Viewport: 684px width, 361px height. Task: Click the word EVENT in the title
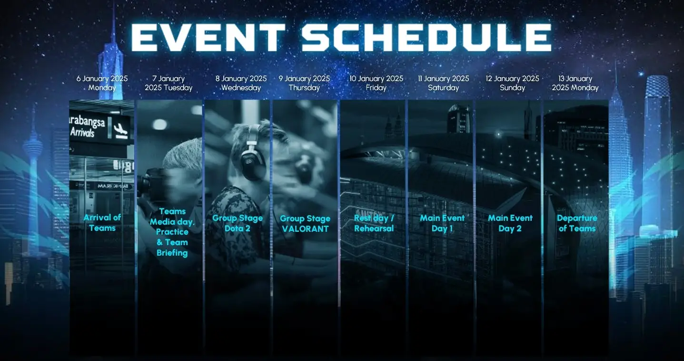pyautogui.click(x=208, y=37)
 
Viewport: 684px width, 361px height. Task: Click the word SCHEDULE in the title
pyautogui.click(x=426, y=37)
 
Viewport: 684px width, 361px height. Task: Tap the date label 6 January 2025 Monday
pyautogui.click(x=102, y=83)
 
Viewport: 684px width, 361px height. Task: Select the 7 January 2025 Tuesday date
pyautogui.click(x=169, y=83)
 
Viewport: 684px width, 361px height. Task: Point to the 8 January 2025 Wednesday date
pyautogui.click(x=241, y=83)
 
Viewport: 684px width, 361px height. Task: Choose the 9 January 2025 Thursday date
pyautogui.click(x=304, y=83)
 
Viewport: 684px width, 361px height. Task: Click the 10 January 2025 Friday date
pyautogui.click(x=376, y=83)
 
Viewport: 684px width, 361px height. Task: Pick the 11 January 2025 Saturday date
pyautogui.click(x=443, y=83)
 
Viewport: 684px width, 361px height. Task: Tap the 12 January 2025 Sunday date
pyautogui.click(x=512, y=83)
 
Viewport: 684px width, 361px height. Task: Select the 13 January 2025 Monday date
pyautogui.click(x=575, y=83)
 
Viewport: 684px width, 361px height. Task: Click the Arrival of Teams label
pyautogui.click(x=102, y=223)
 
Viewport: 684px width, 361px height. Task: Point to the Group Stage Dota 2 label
pyautogui.click(x=238, y=223)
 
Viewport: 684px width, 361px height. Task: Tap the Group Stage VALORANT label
pyautogui.click(x=305, y=224)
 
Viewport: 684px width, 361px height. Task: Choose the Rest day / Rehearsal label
pyautogui.click(x=374, y=223)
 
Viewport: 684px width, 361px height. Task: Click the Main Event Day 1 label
pyautogui.click(x=442, y=223)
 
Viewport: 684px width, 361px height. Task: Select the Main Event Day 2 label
pyautogui.click(x=510, y=223)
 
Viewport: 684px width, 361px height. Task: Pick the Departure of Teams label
pyautogui.click(x=577, y=223)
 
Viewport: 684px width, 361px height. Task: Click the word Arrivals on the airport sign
pyautogui.click(x=82, y=133)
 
